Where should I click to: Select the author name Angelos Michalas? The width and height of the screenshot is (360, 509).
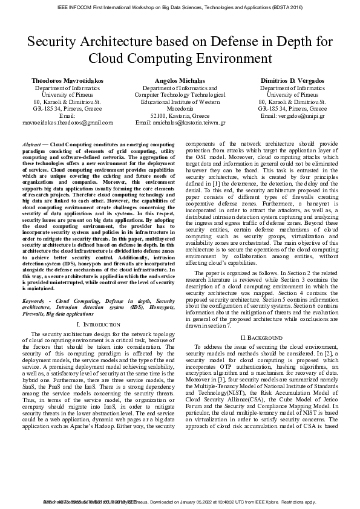(180, 80)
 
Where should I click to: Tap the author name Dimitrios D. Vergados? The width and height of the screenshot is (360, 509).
(293, 80)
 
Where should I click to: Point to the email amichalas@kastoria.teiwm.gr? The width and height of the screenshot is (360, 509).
(180, 122)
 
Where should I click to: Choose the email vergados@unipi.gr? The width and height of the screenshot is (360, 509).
(293, 115)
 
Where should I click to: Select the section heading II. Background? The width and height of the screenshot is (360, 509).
(261, 337)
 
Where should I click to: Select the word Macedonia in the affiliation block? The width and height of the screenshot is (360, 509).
(180, 108)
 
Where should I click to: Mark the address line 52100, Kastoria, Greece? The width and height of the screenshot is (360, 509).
(180, 115)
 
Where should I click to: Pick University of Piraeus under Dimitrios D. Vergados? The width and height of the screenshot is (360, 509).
(293, 95)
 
